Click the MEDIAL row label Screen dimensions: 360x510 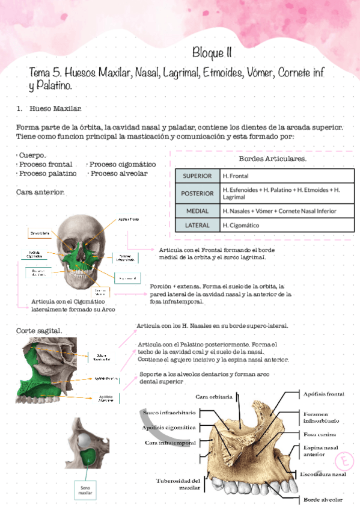pyautogui.click(x=197, y=211)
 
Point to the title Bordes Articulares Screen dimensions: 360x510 pyautogui.click(x=272, y=159)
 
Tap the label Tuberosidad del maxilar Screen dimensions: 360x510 pyautogui.click(x=177, y=484)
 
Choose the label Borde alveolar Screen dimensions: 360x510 pyautogui.click(x=323, y=500)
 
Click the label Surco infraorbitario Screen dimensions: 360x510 pyautogui.click(x=170, y=414)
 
